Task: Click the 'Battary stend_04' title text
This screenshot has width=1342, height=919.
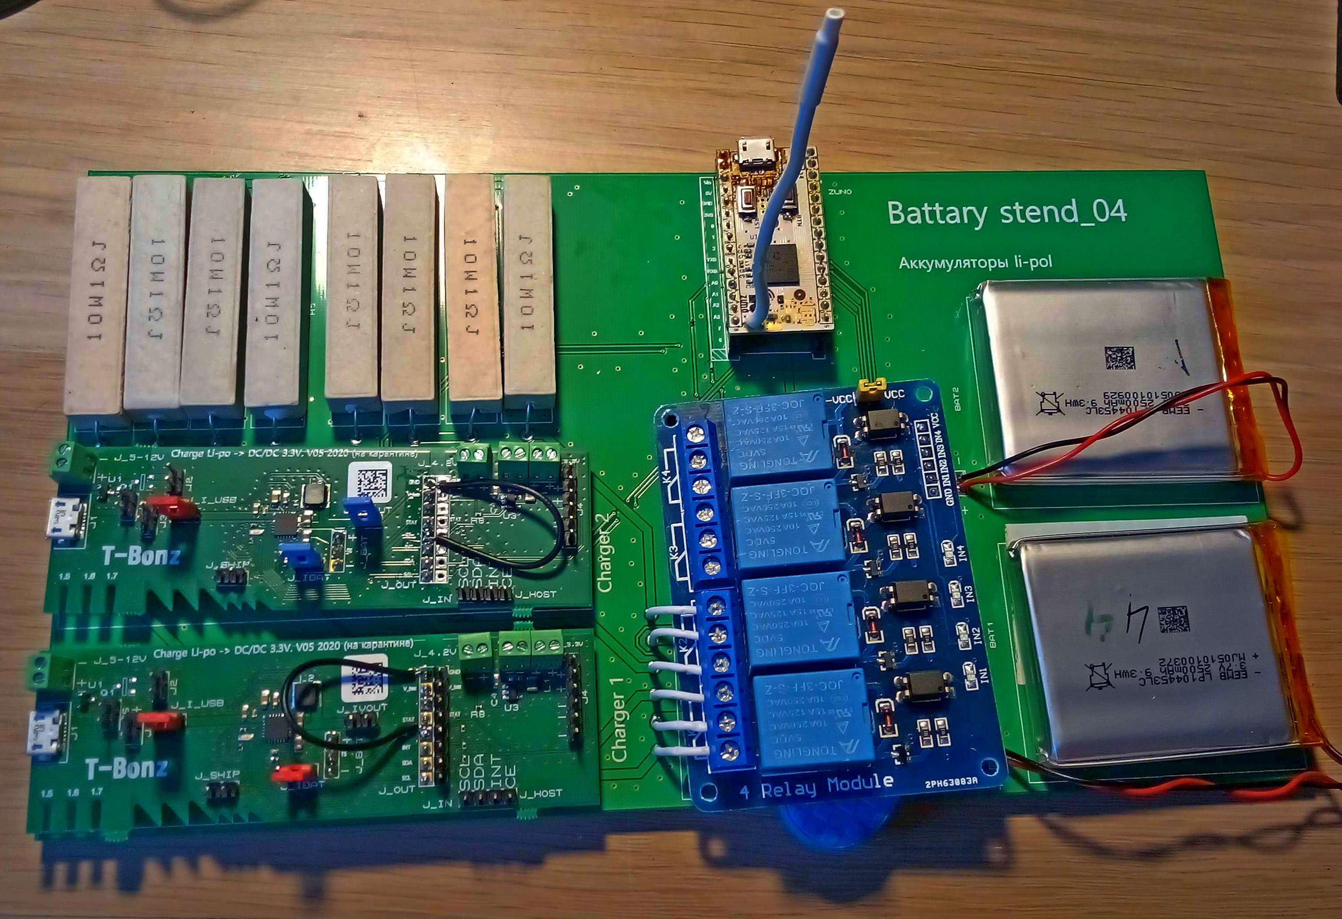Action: [1006, 213]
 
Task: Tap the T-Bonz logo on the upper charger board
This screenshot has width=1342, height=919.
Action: [142, 556]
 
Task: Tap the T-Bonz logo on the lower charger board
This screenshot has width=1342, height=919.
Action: [127, 768]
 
